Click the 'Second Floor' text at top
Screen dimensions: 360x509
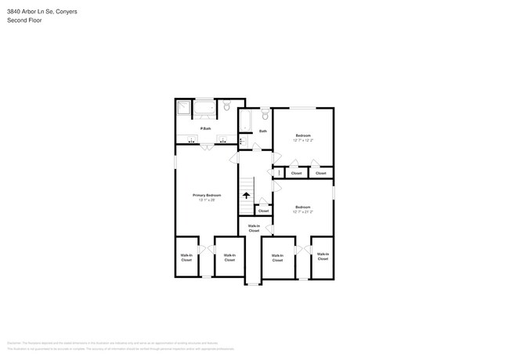tap(24, 20)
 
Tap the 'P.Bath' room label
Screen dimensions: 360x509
tap(206, 128)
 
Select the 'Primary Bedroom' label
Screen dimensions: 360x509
tap(207, 195)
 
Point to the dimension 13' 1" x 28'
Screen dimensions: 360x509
tap(207, 200)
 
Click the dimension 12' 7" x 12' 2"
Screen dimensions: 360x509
tap(303, 141)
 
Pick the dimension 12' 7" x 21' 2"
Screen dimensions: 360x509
tap(303, 211)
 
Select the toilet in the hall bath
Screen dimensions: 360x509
tap(265, 116)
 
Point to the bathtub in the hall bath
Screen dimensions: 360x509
tap(244, 122)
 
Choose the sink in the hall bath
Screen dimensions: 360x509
tap(243, 142)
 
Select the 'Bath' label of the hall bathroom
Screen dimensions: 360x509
tap(263, 131)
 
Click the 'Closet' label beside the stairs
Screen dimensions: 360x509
tap(263, 211)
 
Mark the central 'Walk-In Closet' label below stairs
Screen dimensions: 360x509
tap(254, 229)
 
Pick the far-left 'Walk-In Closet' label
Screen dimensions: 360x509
tap(186, 257)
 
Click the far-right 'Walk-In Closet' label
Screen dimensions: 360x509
tap(323, 256)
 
